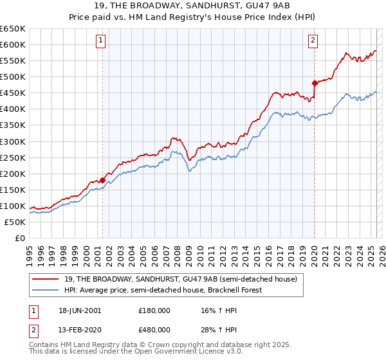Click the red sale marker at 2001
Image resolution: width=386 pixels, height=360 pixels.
(103, 180)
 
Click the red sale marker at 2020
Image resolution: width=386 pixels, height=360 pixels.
(315, 83)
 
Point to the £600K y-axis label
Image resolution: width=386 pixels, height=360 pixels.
(13, 45)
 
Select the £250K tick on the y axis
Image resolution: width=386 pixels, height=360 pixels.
(13, 157)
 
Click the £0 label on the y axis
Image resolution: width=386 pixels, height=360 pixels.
(19, 239)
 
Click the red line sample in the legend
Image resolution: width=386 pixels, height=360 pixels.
(46, 279)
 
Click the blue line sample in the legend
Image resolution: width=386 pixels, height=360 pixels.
(46, 290)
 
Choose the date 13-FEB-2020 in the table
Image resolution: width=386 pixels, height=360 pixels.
(79, 330)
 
